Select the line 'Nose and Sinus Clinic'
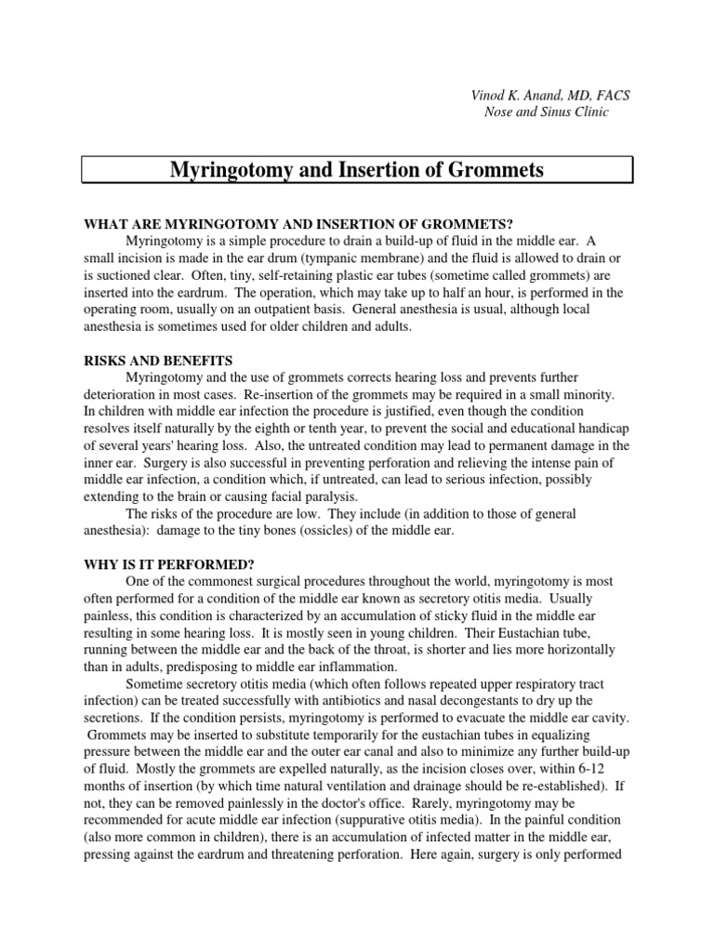click(x=547, y=112)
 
